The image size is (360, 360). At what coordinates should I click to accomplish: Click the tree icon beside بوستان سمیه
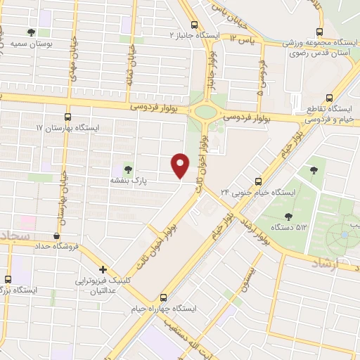click(x=30, y=32)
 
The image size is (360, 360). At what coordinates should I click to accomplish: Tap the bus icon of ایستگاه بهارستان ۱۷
click(x=67, y=117)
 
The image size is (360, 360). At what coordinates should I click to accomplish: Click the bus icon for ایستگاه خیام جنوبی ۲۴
click(x=259, y=180)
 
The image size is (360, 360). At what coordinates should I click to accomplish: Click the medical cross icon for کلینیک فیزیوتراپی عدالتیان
click(x=103, y=269)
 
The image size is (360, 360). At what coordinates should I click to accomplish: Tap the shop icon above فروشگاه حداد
click(x=56, y=236)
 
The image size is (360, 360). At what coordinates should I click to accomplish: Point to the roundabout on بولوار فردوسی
click(x=207, y=110)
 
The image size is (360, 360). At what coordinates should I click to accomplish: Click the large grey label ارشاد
click(x=324, y=263)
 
